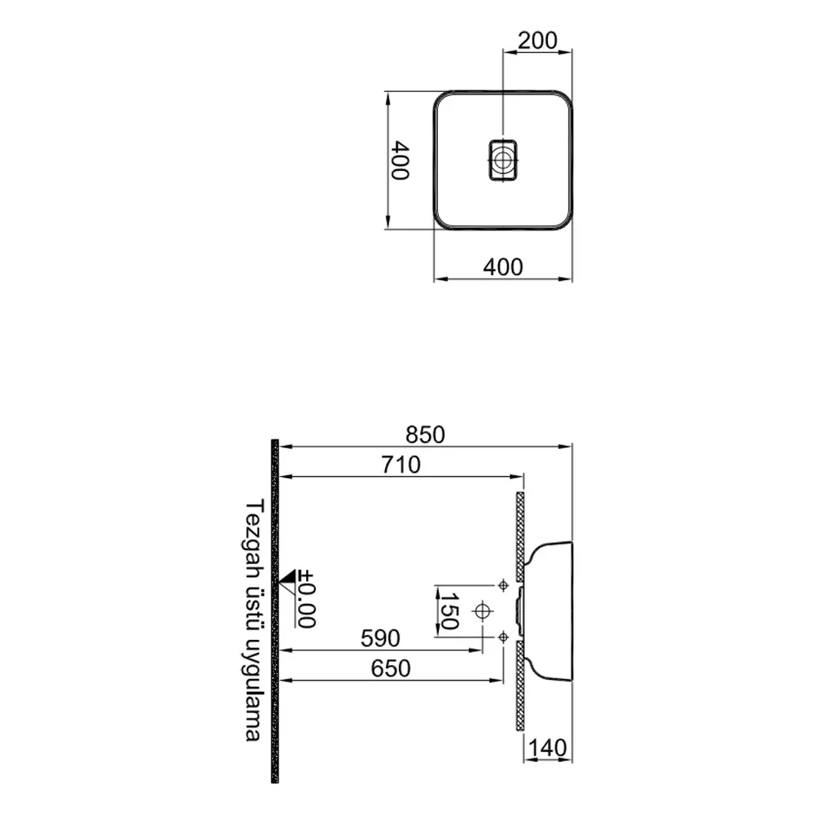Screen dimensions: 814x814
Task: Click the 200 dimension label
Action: [x=537, y=40]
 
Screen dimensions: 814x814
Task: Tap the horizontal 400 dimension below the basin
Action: [x=502, y=267]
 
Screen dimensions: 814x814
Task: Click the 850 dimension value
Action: [x=425, y=435]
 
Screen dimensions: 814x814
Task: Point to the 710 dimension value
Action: [x=400, y=465]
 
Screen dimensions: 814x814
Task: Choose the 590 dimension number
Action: [x=380, y=638]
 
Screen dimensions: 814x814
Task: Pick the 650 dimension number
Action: [x=391, y=668]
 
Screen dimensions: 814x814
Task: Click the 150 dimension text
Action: [x=449, y=611]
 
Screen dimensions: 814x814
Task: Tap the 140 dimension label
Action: [x=548, y=748]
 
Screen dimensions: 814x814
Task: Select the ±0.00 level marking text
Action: [x=306, y=598]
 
